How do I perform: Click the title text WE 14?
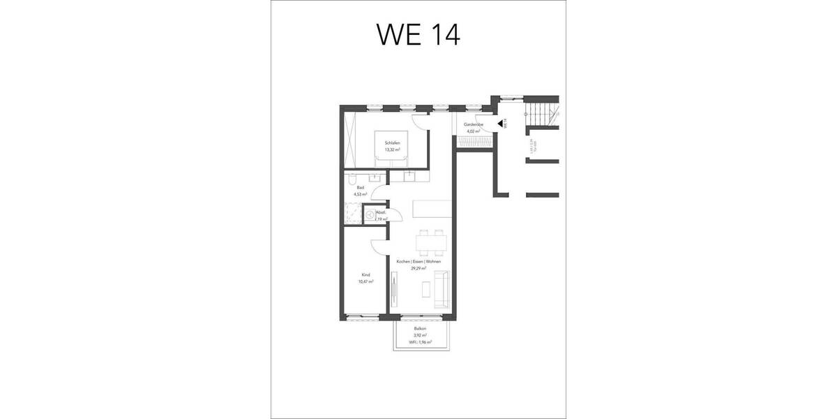click(418, 34)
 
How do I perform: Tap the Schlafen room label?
click(391, 143)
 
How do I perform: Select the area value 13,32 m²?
click(391, 149)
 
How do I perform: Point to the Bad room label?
click(360, 188)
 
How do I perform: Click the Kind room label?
click(365, 274)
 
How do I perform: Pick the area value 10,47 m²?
click(365, 281)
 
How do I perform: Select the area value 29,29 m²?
click(418, 268)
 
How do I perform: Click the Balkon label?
click(420, 328)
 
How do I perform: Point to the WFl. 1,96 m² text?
click(420, 342)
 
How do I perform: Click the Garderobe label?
click(474, 124)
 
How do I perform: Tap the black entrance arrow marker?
click(500, 124)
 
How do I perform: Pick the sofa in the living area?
click(441, 288)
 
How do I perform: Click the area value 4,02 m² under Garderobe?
click(474, 131)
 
